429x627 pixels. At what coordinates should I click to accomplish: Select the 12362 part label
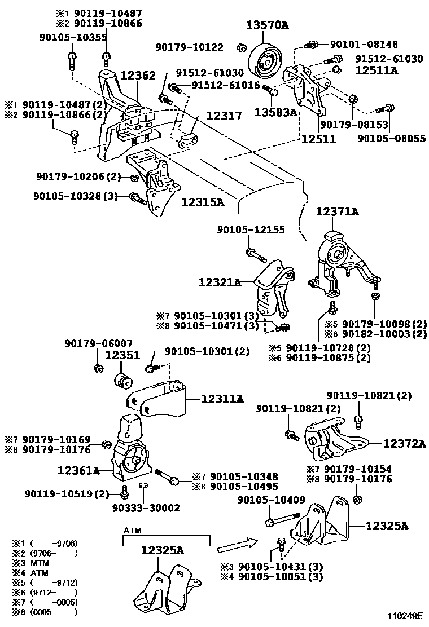136,75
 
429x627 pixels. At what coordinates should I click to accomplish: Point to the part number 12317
224,116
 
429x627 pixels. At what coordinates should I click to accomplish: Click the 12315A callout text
203,201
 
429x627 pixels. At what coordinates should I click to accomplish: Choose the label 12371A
337,211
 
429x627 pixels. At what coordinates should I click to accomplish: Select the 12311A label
222,399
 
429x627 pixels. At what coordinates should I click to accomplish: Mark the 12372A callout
404,444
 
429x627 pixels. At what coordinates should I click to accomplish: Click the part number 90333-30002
145,508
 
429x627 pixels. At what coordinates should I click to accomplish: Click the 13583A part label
275,112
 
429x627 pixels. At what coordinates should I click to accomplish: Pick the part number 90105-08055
393,138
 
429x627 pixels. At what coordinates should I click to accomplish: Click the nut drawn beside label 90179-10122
241,47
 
